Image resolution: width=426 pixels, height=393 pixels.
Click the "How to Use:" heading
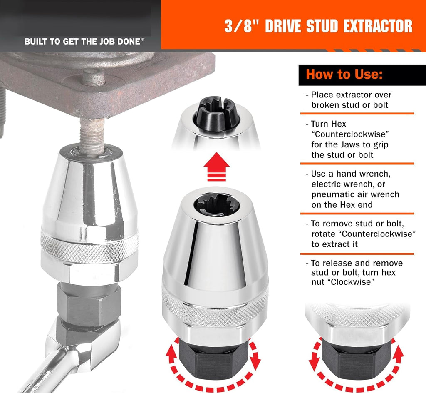[x=344, y=74]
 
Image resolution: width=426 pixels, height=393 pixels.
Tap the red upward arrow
[x=216, y=167]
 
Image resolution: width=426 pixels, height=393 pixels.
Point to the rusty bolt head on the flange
[x=93, y=77]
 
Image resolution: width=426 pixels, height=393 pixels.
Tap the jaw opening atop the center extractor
[x=216, y=205]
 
